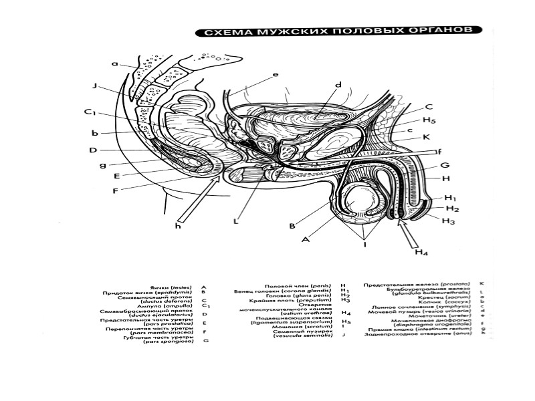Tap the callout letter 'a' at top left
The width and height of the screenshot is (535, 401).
tap(114, 64)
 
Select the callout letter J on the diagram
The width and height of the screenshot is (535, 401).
tap(96, 86)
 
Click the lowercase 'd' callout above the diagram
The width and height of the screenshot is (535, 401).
tap(338, 85)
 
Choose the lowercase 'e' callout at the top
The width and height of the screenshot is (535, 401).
tap(276, 75)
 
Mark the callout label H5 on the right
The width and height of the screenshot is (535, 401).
tap(430, 121)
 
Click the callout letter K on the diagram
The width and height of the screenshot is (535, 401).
tap(425, 138)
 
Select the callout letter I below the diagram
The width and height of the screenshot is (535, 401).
tap(364, 246)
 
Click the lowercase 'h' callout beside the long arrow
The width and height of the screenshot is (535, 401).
tap(178, 226)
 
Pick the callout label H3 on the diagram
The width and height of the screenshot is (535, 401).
tap(449, 221)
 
